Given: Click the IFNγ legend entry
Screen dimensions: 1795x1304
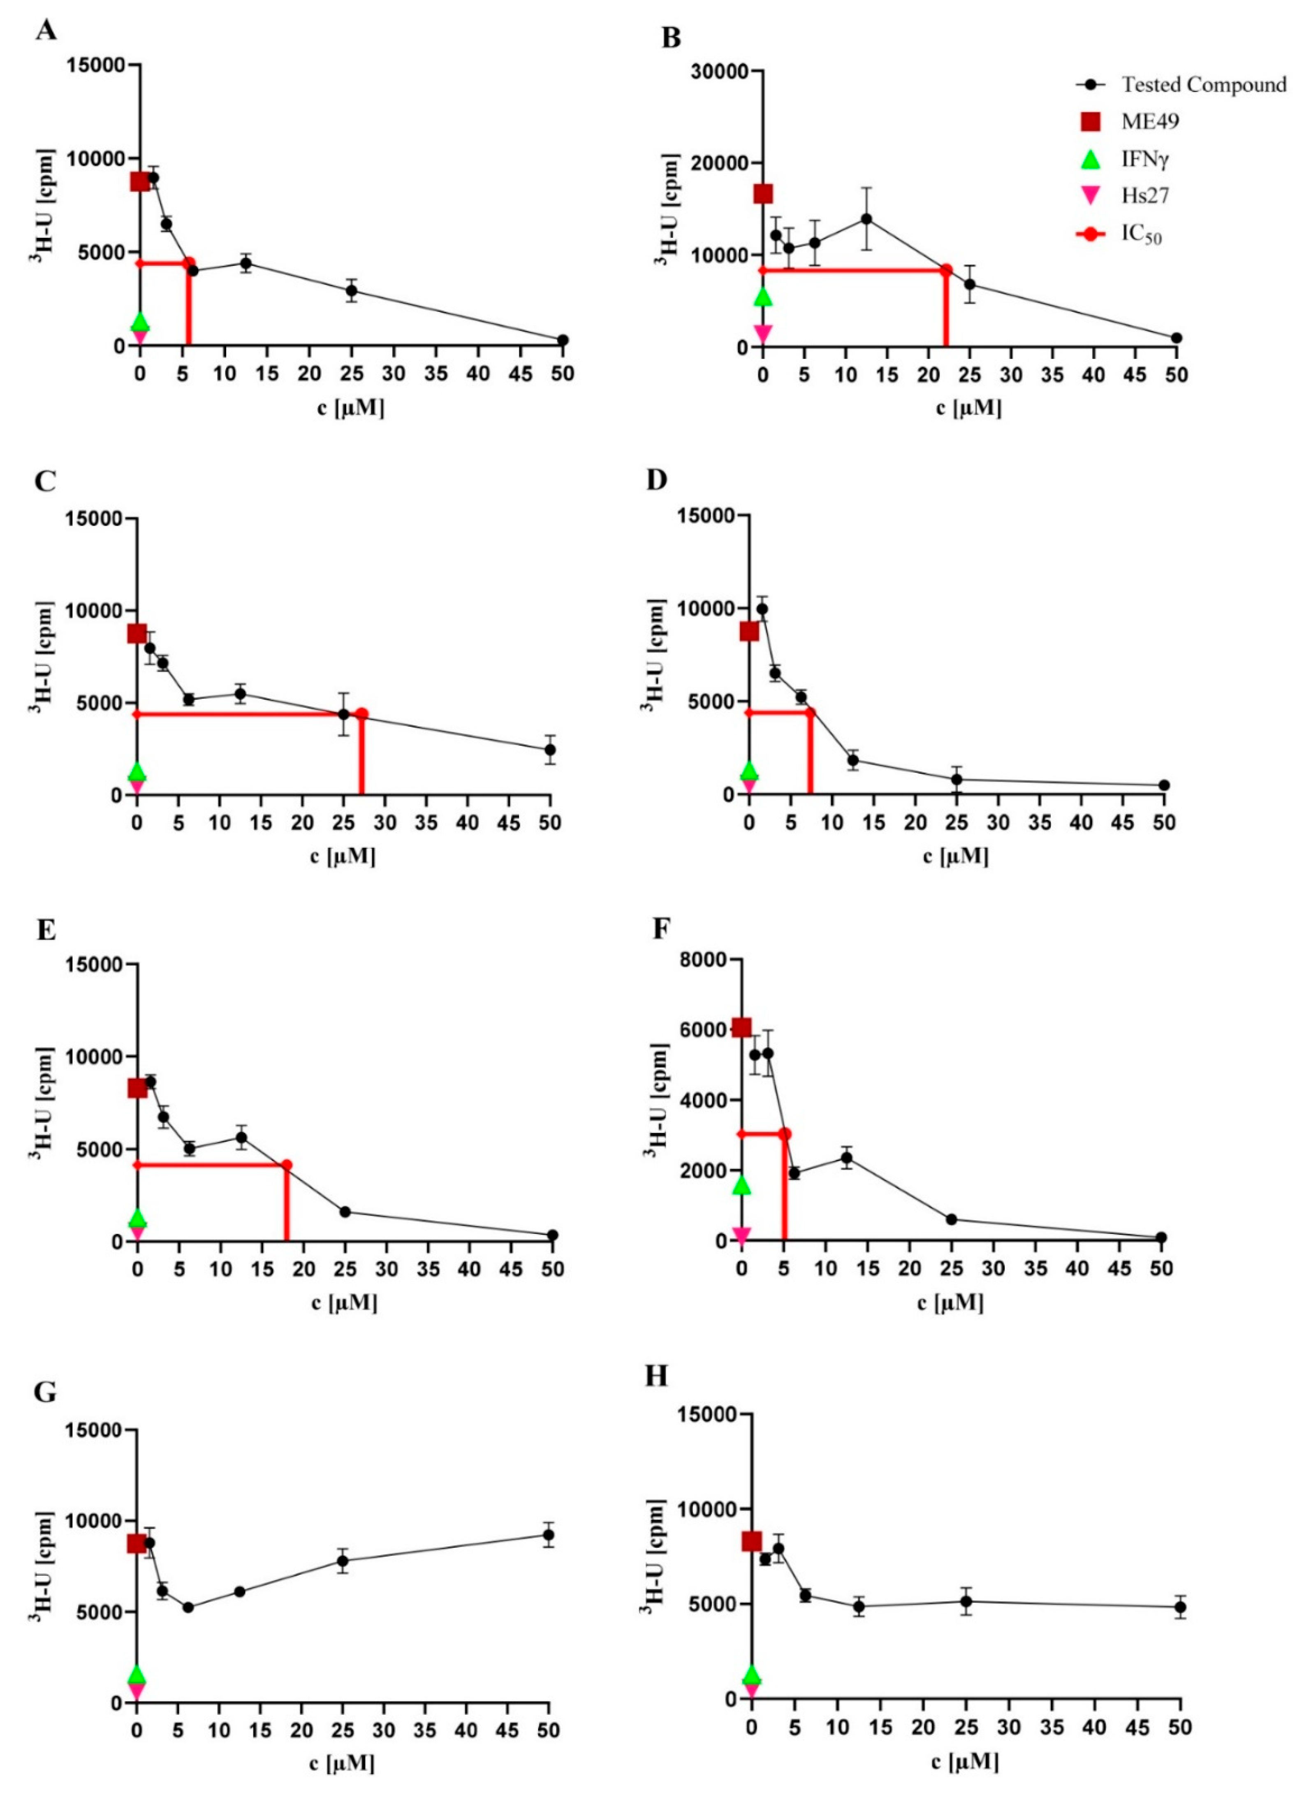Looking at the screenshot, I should click(1144, 160).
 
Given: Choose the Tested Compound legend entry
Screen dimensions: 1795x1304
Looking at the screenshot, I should click(1203, 85).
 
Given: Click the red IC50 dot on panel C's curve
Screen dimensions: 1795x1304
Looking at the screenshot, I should click(361, 714).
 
